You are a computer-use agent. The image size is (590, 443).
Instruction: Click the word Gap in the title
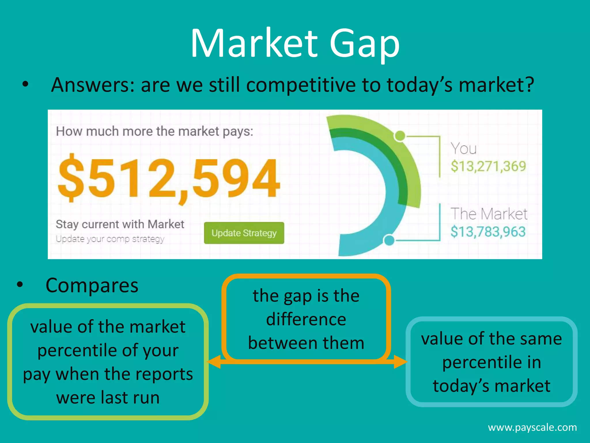coord(364,43)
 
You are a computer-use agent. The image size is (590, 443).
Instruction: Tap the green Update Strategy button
coord(244,233)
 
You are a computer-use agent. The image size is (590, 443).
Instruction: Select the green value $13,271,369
coord(488,166)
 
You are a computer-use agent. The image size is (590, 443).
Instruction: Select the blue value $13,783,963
coord(488,232)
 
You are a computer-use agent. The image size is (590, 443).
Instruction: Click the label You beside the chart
coord(464,149)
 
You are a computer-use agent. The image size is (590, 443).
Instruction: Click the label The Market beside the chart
coord(489,214)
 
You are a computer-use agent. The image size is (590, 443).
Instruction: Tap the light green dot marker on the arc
coord(400,136)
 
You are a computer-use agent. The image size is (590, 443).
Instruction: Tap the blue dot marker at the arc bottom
coord(389,240)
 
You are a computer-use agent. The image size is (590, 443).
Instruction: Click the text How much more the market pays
coord(154,132)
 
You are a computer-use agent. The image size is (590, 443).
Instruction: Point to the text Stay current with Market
coord(120,224)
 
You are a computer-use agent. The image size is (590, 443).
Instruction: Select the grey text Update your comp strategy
coord(110,239)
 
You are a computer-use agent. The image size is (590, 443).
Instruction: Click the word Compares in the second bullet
coord(92,286)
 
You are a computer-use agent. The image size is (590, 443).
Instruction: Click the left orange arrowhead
coord(214,362)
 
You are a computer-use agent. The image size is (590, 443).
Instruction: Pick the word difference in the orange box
coord(306,320)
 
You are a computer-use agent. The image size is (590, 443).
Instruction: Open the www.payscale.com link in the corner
coord(532,427)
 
